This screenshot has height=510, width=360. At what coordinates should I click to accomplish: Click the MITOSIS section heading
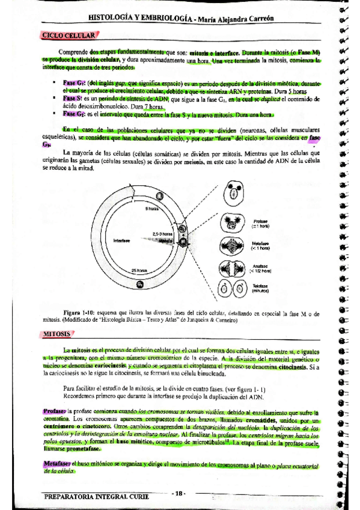pos(58,333)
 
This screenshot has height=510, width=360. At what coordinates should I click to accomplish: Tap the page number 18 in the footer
pos(178,493)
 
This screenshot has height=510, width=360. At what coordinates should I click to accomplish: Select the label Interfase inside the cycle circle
pos(123,240)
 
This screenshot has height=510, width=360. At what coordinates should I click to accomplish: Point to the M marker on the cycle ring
pos(183,241)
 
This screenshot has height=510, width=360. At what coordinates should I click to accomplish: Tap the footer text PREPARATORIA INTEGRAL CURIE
pos(96,496)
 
